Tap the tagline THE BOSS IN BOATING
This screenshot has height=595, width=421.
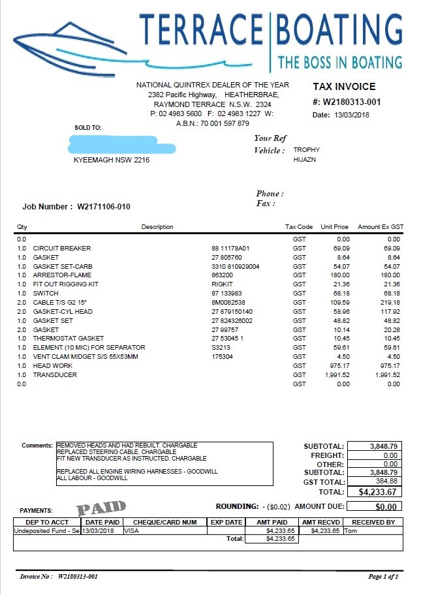pos(339,63)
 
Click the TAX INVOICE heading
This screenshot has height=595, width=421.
pos(344,87)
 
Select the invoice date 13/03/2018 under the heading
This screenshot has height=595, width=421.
pos(352,115)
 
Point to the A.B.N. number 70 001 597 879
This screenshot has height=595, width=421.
pos(225,123)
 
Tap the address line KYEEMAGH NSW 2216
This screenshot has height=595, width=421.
pos(112,160)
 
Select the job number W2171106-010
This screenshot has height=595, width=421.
pos(104,207)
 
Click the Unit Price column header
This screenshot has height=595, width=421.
pos(334,227)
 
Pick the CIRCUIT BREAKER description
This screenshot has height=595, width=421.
pos(62,249)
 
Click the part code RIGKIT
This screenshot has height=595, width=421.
pos(223,284)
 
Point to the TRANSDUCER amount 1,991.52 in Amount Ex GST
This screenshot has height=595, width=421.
pos(384,375)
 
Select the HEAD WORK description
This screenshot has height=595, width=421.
pos(53,366)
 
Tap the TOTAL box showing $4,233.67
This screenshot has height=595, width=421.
pos(374,492)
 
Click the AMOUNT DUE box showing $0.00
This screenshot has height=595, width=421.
pos(374,506)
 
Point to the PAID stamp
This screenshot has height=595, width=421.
pos(101,507)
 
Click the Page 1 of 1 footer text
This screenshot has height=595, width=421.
pos(382,577)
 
